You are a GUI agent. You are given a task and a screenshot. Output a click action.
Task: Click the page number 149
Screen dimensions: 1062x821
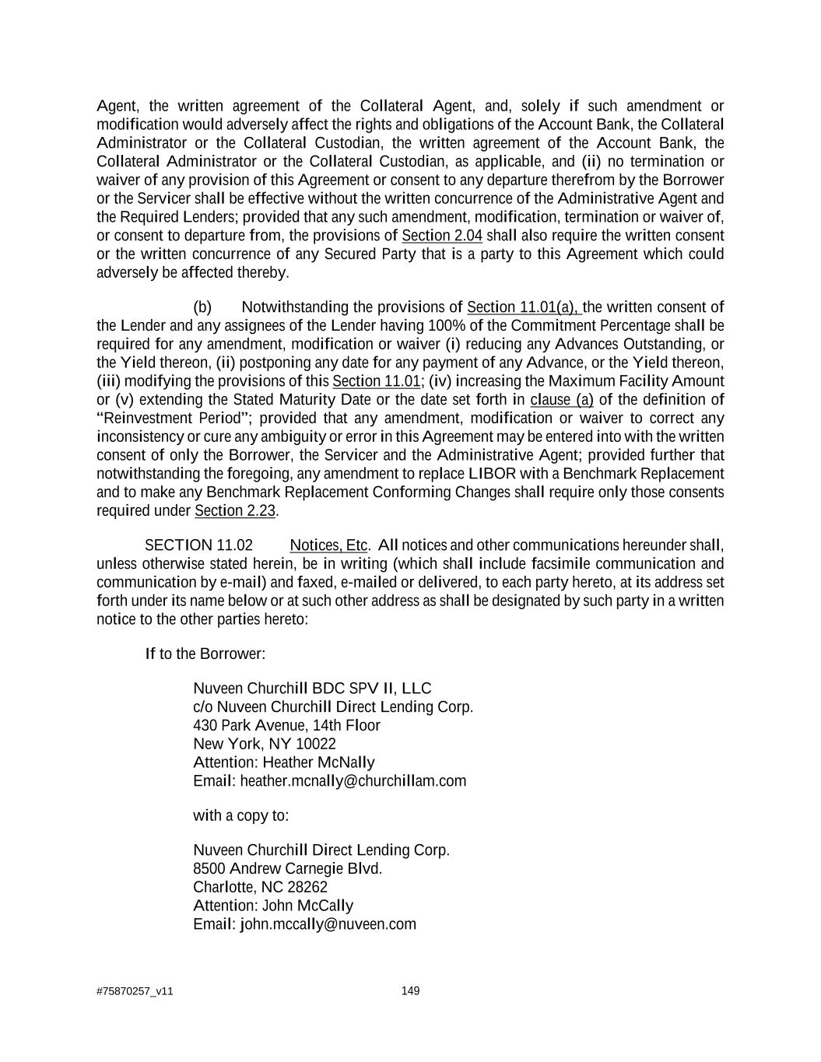410,990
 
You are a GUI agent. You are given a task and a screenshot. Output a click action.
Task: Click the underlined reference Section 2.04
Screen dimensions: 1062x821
441,236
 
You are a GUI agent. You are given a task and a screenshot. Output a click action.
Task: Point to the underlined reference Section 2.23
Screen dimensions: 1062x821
235,511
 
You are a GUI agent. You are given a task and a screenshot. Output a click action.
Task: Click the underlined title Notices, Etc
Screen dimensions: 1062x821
328,545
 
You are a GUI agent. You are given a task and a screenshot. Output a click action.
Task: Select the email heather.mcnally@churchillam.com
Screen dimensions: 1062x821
353,781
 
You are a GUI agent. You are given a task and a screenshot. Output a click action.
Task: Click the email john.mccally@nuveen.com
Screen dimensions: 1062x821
328,924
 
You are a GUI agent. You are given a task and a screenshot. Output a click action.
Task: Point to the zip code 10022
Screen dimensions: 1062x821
315,744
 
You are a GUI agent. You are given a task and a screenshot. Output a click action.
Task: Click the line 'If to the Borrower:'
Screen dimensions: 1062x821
205,654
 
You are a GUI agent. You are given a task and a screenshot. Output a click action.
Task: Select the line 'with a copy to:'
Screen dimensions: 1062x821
240,815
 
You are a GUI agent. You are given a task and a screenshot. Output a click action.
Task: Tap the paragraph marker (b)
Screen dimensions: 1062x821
202,307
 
